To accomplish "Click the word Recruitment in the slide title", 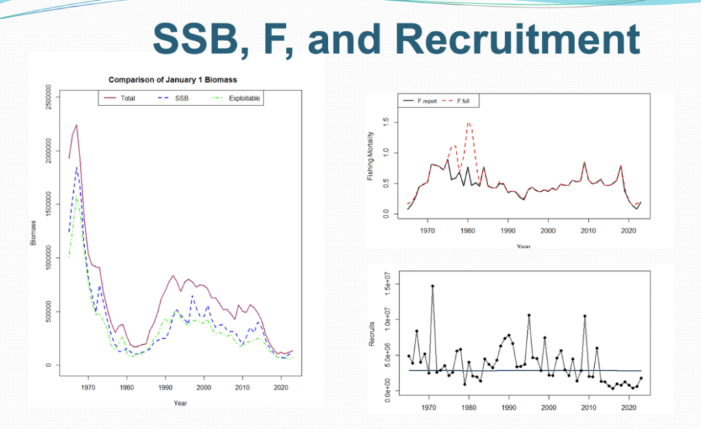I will pos(520,40).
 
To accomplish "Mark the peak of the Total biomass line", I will pos(77,125).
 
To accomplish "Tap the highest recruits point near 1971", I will pos(433,286).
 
